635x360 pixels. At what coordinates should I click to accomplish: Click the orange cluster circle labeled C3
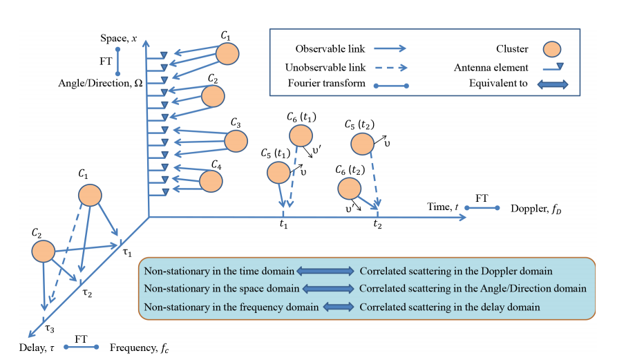pyautogui.click(x=236, y=140)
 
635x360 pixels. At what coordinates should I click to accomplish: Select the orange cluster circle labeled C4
pyautogui.click(x=211, y=181)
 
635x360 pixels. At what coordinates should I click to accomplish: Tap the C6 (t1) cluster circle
pyautogui.click(x=301, y=135)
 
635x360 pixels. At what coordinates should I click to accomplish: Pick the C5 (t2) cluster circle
pyautogui.click(x=362, y=144)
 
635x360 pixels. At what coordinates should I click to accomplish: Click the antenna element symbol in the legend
pyautogui.click(x=551, y=66)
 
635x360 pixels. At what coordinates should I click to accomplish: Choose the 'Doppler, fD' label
pyautogui.click(x=535, y=209)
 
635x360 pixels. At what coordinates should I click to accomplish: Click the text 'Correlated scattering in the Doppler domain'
pyautogui.click(x=455, y=272)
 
